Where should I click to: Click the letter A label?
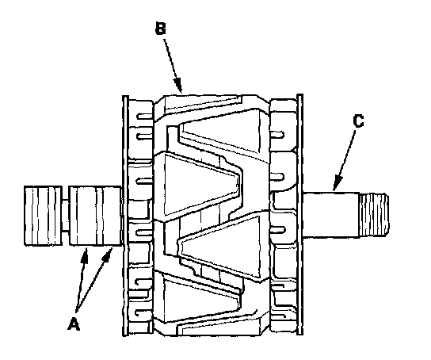click(x=74, y=324)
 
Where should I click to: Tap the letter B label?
click(x=161, y=29)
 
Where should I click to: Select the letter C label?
click(x=358, y=121)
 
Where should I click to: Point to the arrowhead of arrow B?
click(x=178, y=86)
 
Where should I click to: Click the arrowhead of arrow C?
click(x=337, y=183)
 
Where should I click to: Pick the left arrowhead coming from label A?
click(x=86, y=255)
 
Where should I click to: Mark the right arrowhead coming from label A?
click(x=109, y=255)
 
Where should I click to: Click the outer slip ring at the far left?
click(x=43, y=216)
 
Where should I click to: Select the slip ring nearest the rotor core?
click(x=95, y=216)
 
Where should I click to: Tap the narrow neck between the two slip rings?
click(x=66, y=216)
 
